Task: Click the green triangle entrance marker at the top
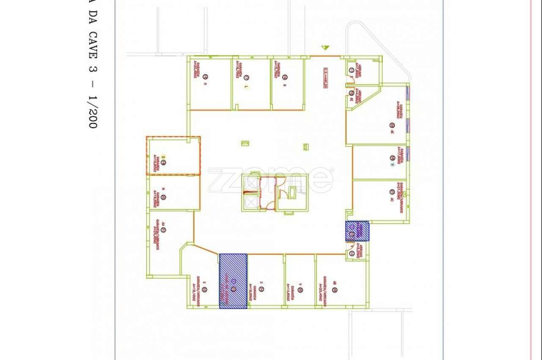pos(325,48)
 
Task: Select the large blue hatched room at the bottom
pos(233,281)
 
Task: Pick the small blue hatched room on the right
pos(357,231)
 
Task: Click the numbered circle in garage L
pos(246,77)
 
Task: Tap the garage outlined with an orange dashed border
pos(173,156)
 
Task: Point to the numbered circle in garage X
pos(261,289)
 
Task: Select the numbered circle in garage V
pos(300,290)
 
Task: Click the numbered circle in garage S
pos(205,289)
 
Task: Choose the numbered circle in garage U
pos(393,158)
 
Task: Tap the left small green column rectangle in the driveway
pos(245,143)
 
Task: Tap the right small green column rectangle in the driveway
pos(306,147)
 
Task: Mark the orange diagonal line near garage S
pos(206,248)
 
